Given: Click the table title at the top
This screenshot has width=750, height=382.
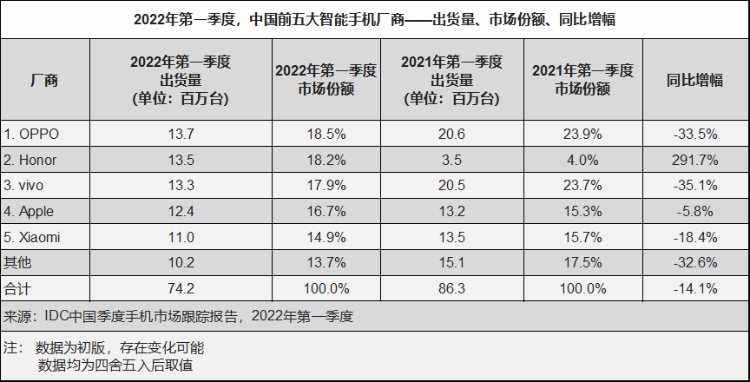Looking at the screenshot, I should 375,18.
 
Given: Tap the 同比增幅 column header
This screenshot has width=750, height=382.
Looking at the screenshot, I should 695,80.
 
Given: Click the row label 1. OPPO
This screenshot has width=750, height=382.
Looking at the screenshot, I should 34,134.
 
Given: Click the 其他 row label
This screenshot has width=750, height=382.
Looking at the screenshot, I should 17,262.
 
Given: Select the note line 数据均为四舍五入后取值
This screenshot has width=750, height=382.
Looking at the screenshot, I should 115,365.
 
